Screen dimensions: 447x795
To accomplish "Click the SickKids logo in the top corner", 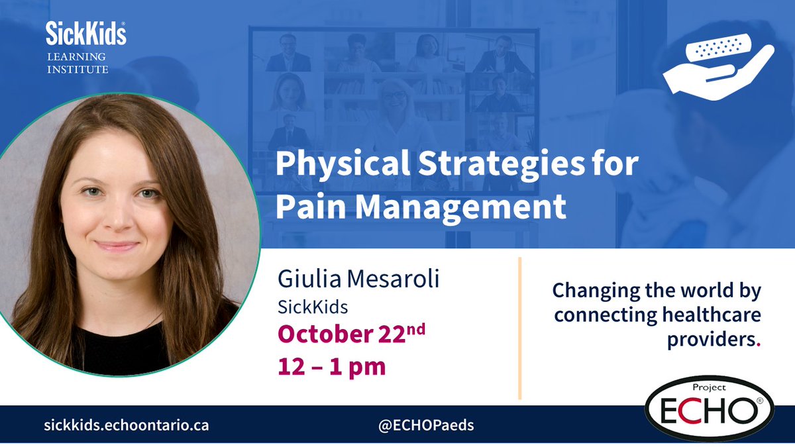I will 85,32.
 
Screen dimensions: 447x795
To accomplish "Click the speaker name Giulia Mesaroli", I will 358,279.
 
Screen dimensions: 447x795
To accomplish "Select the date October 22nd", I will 351,334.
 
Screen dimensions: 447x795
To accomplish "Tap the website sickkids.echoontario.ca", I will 125,425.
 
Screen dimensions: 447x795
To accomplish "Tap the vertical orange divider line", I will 519,328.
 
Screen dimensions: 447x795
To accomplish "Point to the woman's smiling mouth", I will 117,246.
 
